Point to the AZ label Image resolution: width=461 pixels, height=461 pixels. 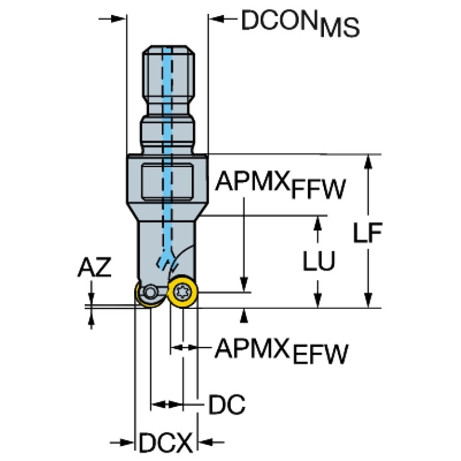(x=94, y=269)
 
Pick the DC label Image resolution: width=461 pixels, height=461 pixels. (x=227, y=406)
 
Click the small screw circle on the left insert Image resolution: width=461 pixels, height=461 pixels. (x=150, y=293)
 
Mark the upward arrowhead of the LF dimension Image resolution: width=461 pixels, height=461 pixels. (x=367, y=161)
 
